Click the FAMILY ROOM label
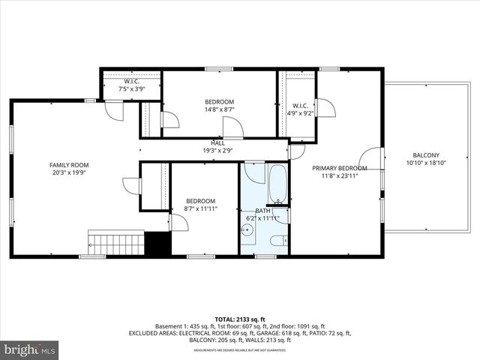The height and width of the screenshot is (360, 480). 69,165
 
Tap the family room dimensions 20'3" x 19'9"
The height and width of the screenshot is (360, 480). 69,172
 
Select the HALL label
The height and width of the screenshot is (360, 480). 217,142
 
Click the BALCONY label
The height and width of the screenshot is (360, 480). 425,154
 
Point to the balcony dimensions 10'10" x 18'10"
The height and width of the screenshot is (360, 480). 425,163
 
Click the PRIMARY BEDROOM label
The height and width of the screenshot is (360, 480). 339,168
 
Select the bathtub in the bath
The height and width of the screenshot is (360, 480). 277,185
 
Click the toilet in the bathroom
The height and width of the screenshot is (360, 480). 277,240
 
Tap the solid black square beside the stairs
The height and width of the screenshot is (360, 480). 157,244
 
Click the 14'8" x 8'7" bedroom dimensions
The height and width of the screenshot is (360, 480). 220,109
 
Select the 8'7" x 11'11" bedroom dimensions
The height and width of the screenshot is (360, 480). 201,209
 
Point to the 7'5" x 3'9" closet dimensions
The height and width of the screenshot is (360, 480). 132,88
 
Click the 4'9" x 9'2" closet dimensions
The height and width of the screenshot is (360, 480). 300,114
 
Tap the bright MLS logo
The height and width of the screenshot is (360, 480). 30,349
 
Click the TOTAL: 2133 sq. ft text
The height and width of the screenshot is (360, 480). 239,318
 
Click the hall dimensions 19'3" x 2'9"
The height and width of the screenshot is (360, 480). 217,150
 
